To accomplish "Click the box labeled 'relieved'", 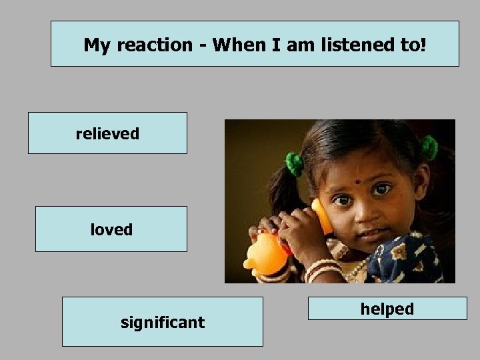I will pyautogui.click(x=107, y=133).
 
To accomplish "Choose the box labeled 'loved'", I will pyautogui.click(x=111, y=229).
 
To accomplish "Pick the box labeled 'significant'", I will pyautogui.click(x=162, y=323).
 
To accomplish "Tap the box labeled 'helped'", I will pyautogui.click(x=387, y=309).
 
